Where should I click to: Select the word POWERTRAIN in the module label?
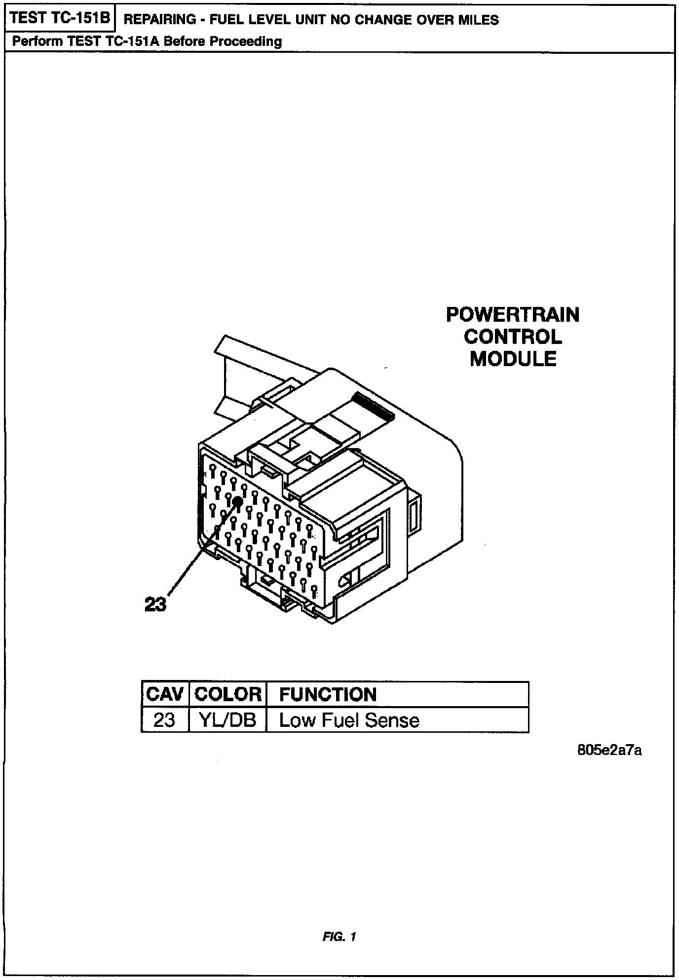(513, 315)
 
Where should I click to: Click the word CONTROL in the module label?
(513, 337)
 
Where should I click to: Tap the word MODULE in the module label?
(513, 359)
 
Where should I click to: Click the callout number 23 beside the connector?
(155, 604)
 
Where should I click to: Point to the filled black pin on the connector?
(238, 501)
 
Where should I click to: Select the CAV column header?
(165, 695)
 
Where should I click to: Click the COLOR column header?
(227, 695)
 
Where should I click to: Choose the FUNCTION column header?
(328, 695)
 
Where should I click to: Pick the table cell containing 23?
(164, 720)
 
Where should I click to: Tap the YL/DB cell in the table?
(227, 720)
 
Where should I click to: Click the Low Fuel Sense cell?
(349, 720)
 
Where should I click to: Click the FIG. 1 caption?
(339, 937)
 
